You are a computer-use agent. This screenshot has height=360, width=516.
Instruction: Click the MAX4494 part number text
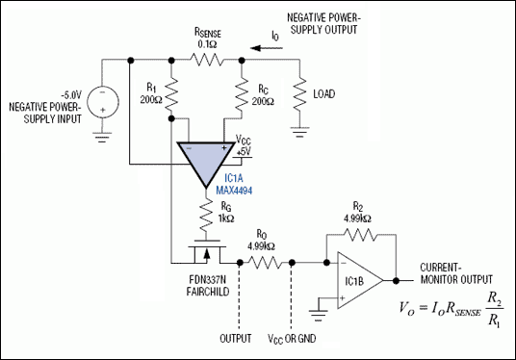point(227,189)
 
